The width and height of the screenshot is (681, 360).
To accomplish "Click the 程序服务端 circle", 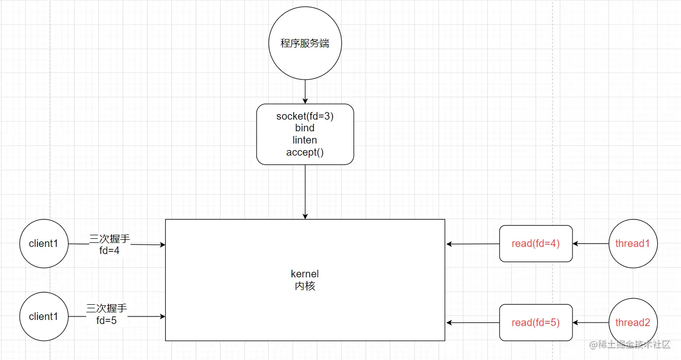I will tap(305, 44).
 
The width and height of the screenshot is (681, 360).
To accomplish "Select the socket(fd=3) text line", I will tap(305, 116).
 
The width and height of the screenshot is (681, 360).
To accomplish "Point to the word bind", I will tap(305, 128).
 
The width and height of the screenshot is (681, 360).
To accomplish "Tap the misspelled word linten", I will tap(305, 140).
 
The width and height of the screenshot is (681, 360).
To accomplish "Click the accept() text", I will tap(305, 152).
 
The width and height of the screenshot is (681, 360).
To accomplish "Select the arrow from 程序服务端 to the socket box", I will tap(305, 92).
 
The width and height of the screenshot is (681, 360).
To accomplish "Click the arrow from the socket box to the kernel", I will tap(305, 192).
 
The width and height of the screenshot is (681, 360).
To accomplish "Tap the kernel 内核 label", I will tap(305, 280).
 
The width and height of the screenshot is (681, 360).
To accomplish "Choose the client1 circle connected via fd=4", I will tap(44, 243).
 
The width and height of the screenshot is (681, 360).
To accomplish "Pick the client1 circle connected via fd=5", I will tap(44, 316).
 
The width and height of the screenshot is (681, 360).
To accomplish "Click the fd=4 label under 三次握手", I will tap(110, 250).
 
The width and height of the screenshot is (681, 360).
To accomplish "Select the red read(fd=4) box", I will tap(535, 243).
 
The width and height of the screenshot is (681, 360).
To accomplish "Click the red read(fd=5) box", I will tap(535, 322).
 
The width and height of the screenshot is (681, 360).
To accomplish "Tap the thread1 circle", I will tap(632, 243).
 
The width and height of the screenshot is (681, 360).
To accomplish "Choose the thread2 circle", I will tap(632, 322).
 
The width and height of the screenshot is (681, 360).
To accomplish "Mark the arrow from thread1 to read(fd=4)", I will tap(591, 243).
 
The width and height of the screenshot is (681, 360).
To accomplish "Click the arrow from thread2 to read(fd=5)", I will tap(591, 322).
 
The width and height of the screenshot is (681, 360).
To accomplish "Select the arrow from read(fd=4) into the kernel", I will tap(473, 244).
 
